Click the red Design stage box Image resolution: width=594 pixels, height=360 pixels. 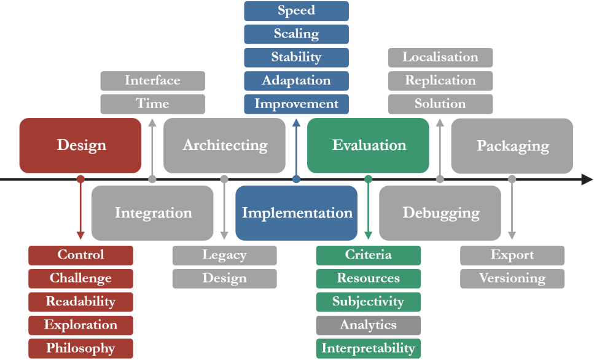pos(80,146)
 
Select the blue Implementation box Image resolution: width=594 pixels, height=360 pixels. pos(296,213)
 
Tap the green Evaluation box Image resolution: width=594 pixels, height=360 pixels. pos(368,146)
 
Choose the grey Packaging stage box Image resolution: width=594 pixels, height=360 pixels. pos(512,146)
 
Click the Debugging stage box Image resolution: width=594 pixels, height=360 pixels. pos(440,213)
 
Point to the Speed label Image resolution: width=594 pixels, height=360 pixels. pos(296,10)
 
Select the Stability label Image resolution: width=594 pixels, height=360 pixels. pos(296,57)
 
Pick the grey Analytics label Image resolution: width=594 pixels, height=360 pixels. pos(369,325)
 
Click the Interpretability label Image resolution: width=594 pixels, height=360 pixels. pos(369,348)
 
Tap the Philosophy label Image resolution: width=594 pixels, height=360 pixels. pos(80,348)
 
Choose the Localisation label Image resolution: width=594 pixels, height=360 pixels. pos(440,57)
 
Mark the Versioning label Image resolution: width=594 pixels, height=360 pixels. pos(512,278)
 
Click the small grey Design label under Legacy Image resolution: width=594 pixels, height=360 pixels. pos(224,278)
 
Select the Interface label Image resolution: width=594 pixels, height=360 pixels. pos(152,80)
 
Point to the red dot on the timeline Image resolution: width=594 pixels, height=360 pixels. pos(80,179)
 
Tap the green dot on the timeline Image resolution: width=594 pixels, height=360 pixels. pos(368,179)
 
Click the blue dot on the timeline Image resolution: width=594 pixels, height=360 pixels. pos(296,179)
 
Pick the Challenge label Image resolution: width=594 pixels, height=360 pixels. pos(80,278)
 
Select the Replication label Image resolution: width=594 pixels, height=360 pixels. pos(440,80)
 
